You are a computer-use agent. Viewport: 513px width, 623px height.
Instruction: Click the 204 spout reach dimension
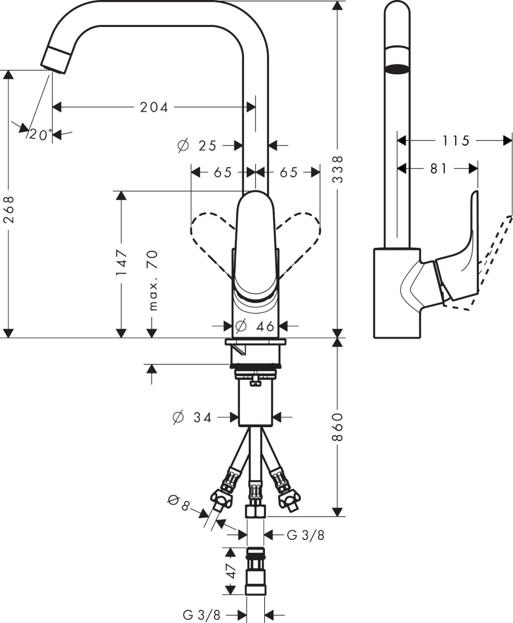click(154, 107)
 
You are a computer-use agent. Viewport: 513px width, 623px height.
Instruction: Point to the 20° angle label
click(40, 135)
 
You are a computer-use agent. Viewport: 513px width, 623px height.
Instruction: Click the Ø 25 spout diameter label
click(198, 146)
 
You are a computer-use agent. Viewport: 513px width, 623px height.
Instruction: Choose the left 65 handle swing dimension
click(223, 172)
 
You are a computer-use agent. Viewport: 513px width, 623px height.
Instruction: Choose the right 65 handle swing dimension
click(288, 172)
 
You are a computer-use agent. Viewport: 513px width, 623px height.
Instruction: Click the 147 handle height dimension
click(122, 263)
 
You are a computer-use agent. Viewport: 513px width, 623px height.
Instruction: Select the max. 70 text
click(152, 280)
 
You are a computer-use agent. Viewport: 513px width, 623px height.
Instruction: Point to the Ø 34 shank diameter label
click(192, 417)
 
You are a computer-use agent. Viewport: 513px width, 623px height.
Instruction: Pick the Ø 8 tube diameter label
click(179, 503)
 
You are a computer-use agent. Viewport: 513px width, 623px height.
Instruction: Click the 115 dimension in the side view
click(455, 140)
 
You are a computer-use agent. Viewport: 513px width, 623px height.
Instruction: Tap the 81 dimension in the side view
click(438, 168)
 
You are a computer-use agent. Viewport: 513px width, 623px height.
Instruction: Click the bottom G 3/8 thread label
click(201, 615)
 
